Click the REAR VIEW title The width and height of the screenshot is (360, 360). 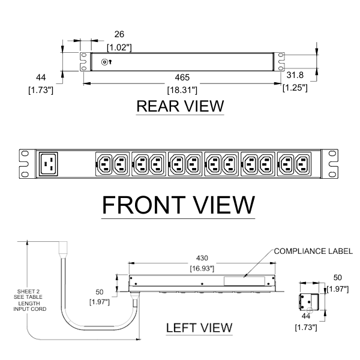pyautogui.click(x=180, y=106)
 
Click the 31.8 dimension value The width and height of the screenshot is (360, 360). pyautogui.click(x=295, y=76)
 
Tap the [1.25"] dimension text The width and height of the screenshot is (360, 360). pyautogui.click(x=295, y=88)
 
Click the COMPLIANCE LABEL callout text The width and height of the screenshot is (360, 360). pyautogui.click(x=312, y=251)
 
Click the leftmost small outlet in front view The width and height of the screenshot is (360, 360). pyautogui.click(x=103, y=163)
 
